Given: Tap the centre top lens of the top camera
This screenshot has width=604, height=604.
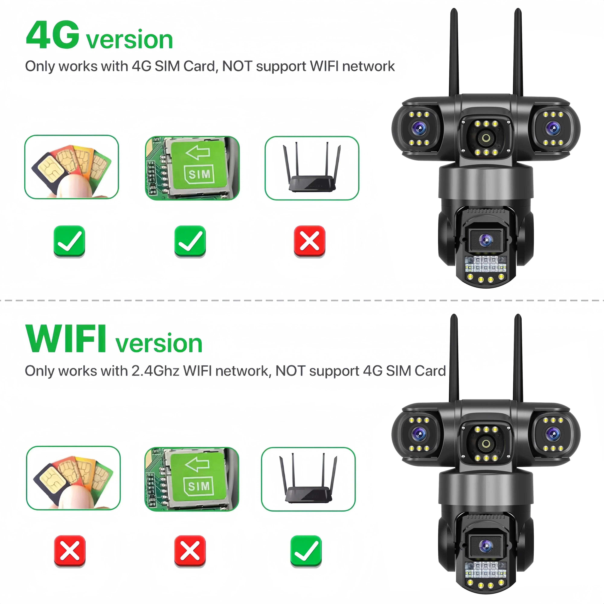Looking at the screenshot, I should click(x=486, y=138).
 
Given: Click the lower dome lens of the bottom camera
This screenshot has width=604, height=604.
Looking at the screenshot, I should click(x=485, y=546).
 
